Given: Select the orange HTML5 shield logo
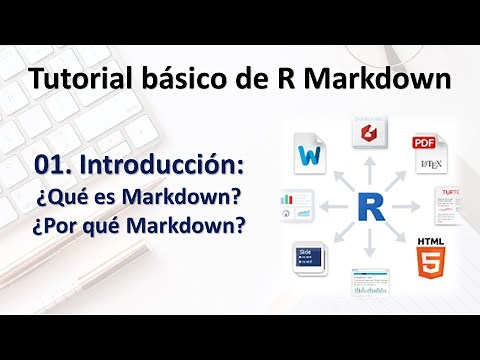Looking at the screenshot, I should [x=431, y=259].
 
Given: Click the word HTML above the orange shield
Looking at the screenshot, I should [x=431, y=241].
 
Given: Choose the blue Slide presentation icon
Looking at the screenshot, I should [x=309, y=257].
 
